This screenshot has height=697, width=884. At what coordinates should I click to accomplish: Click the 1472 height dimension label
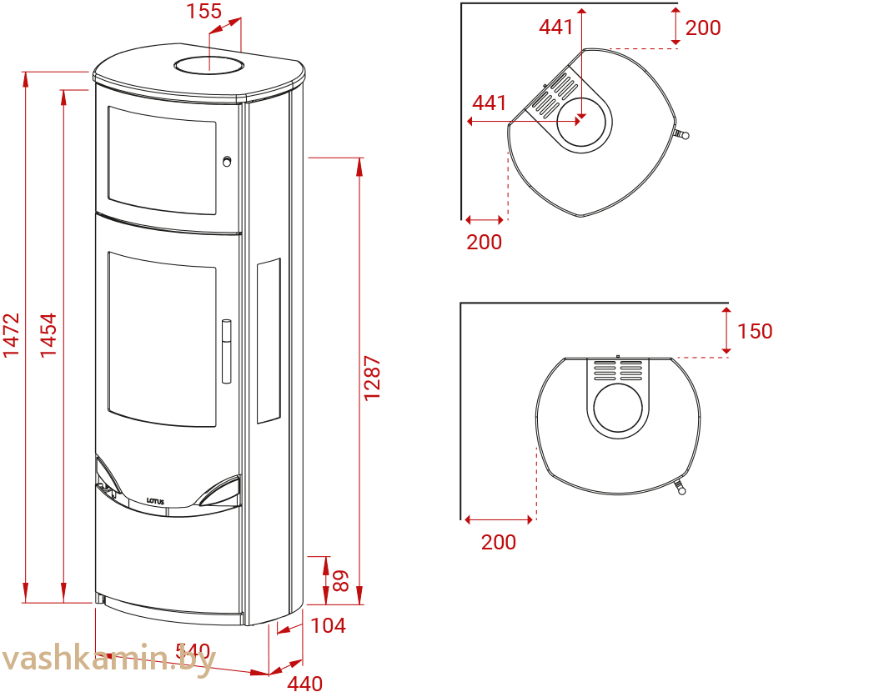pos(11,335)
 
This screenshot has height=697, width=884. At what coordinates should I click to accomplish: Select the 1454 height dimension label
pos(49,335)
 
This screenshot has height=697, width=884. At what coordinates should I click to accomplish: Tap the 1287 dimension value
pos(372,379)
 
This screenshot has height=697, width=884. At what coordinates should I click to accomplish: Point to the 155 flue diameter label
pos(203,12)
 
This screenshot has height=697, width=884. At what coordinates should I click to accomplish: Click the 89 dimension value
pos(340,580)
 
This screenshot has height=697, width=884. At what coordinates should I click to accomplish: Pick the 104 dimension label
pos(328,625)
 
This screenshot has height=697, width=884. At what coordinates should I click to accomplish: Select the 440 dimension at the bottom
pos(305,684)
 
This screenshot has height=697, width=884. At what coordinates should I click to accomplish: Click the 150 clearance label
pos(754,331)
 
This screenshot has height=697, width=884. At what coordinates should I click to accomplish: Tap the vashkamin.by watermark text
pos(108,659)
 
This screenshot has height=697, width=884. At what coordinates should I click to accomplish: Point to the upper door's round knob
pos(226,162)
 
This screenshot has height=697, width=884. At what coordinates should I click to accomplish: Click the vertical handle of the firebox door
pos(226,351)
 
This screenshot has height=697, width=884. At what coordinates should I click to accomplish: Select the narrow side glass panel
pos(269,341)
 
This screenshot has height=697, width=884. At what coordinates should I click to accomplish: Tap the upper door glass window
pos(162,158)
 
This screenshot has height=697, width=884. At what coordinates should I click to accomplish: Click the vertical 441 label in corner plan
pos(555,28)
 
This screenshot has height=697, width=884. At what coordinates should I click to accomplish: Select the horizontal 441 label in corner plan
pos(490,103)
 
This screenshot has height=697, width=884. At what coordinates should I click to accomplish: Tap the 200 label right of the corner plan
pos(702,28)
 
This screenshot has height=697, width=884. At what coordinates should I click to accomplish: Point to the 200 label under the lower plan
pos(499,543)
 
